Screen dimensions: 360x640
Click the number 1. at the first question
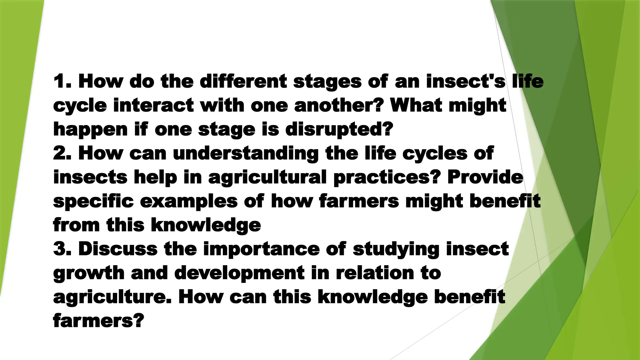[x=62, y=81]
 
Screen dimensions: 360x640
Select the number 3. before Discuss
[x=62, y=249]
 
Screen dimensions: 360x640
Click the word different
[x=243, y=81]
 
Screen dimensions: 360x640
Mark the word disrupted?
[x=339, y=129]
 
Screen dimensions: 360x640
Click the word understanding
[x=246, y=154]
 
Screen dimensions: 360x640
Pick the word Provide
[x=485, y=177]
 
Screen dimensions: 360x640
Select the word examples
[x=189, y=202]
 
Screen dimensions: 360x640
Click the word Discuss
[x=118, y=249]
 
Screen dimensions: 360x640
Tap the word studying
[x=396, y=250]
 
